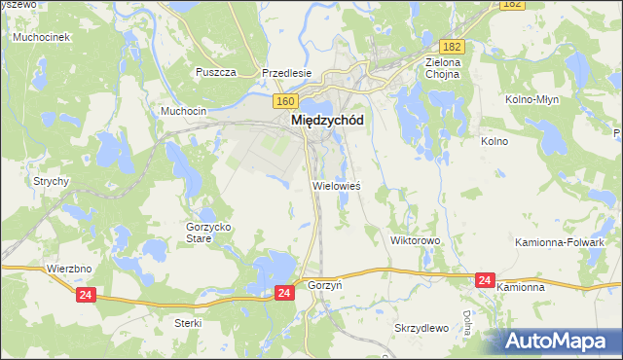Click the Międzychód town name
tap(327, 121)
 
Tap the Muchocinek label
tap(39, 37)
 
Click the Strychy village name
tap(51, 181)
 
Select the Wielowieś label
tap(337, 185)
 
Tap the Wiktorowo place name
tap(416, 239)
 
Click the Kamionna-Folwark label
tap(573, 241)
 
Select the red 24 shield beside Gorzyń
tap(283, 292)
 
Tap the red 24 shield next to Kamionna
tap(485, 280)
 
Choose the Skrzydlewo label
tap(421, 328)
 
